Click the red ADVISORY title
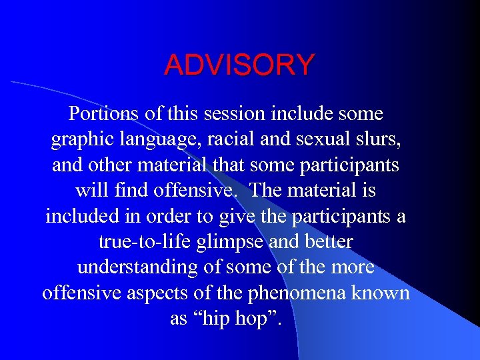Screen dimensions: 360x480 pos(239,65)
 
